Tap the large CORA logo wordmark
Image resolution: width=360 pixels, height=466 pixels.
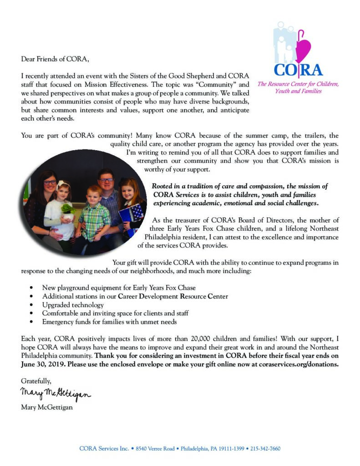coord(298,69)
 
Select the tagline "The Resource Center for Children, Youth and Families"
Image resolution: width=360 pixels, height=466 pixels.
coord(298,87)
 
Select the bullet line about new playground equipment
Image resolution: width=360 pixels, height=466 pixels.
coord(119,288)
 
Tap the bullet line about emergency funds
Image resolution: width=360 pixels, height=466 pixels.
coord(109,322)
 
